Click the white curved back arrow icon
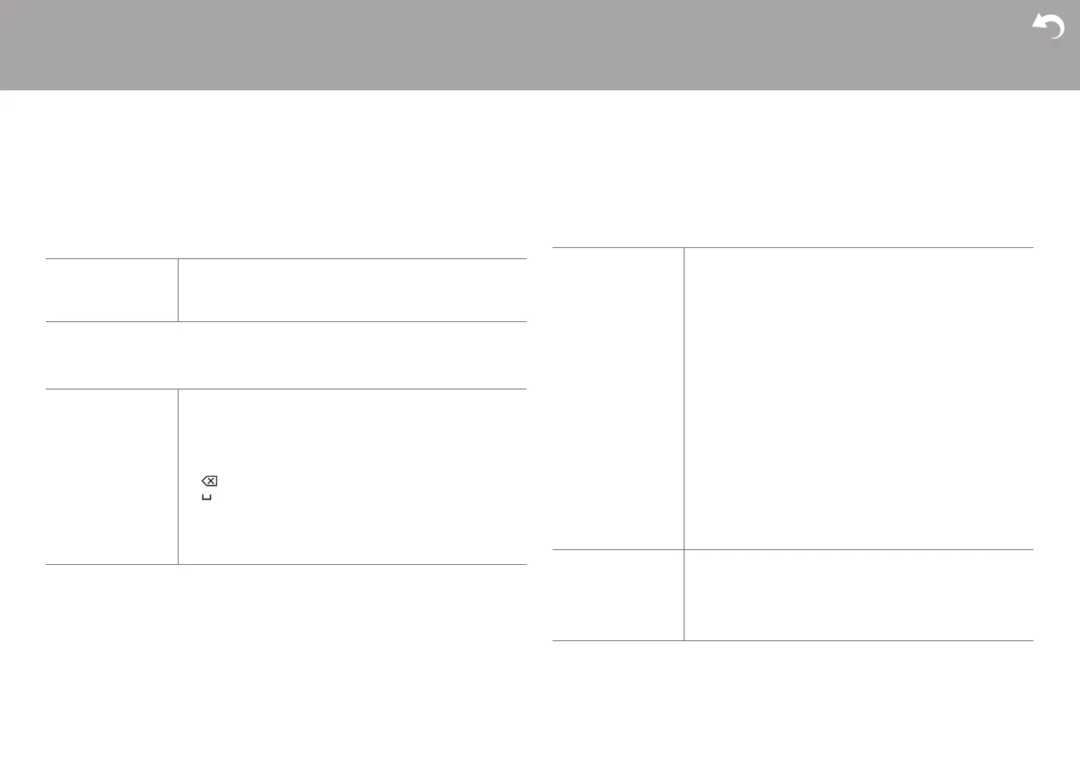[1049, 27]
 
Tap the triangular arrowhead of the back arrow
[1039, 23]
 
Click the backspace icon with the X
[210, 481]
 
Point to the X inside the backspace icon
[211, 481]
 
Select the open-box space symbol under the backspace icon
[207, 497]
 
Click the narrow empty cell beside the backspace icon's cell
[111, 477]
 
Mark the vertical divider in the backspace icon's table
[178, 477]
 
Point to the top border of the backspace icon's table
[286, 389]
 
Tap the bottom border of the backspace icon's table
[286, 564]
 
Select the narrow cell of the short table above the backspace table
[111, 290]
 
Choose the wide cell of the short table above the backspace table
[352, 290]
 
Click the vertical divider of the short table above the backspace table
[178, 290]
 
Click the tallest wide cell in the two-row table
[858, 398]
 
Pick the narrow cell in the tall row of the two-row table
[618, 398]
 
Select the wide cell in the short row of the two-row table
[858, 595]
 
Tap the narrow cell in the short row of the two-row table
[618, 595]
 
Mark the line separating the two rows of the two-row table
[793, 549]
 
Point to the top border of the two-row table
[793, 247]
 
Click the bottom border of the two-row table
[793, 640]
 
